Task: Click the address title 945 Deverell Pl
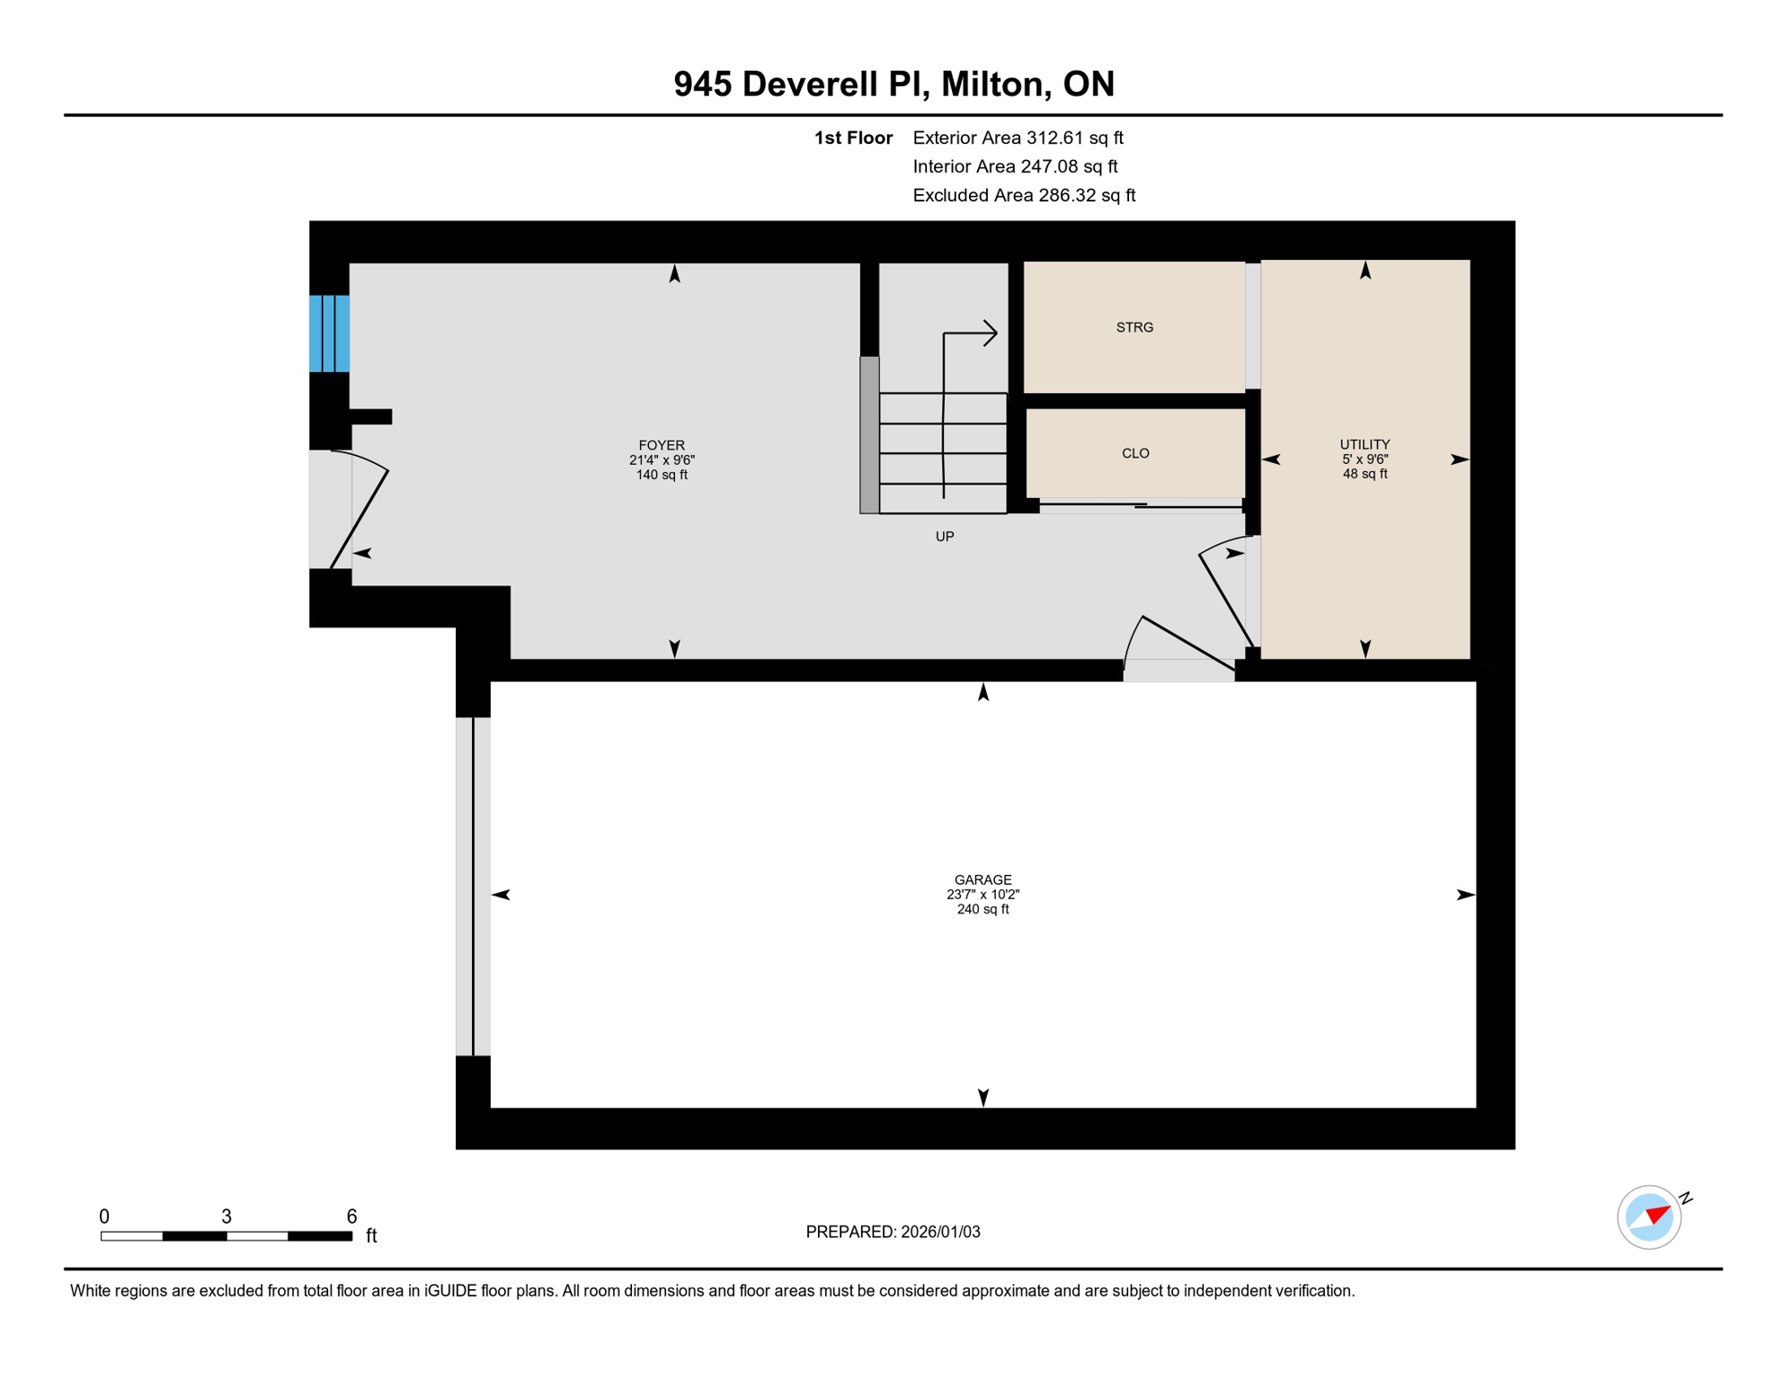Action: coord(893,85)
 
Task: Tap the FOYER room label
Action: coord(662,446)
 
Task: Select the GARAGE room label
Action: coord(982,880)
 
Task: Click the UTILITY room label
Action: coord(1365,445)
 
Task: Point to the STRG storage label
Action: coord(1134,328)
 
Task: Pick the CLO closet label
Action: coord(1135,454)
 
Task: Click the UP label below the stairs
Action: coord(944,537)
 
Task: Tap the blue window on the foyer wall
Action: coord(329,334)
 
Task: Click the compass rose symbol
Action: coord(1649,1217)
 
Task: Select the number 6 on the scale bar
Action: coord(351,1216)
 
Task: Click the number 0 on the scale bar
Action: coord(104,1216)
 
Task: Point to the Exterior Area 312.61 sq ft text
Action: coord(1018,138)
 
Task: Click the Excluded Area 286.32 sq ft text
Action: coord(1024,195)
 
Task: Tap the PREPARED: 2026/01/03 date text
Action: coord(893,1232)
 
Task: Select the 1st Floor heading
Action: coord(853,138)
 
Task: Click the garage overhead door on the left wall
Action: coord(473,887)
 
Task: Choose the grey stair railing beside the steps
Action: coord(869,435)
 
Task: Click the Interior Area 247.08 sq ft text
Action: coord(1015,166)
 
